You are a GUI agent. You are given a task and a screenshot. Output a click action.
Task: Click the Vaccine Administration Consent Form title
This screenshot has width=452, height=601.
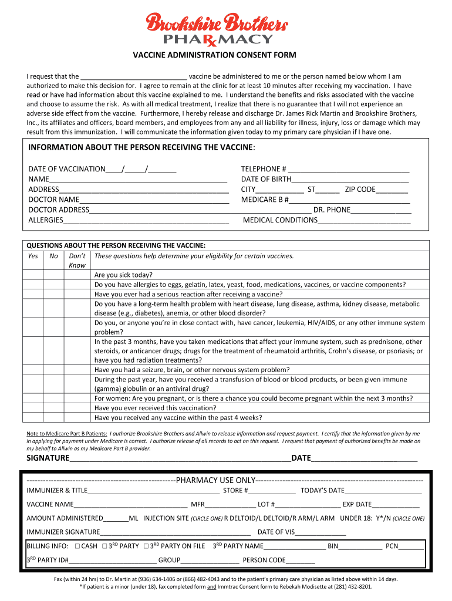coord(213,55)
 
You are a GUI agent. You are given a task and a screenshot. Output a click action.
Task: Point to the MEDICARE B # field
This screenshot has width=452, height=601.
coord(349,200)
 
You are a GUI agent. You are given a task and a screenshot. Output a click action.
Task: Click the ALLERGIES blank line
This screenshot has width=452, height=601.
coord(146,220)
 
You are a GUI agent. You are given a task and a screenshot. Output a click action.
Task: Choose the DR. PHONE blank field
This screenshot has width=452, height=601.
coord(380,210)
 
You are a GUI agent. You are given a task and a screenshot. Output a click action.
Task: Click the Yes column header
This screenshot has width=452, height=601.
coord(33,256)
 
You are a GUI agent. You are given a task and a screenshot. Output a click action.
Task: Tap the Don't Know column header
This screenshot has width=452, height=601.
coord(77,261)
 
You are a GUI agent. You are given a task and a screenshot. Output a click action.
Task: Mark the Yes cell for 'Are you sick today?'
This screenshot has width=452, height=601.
coord(33,275)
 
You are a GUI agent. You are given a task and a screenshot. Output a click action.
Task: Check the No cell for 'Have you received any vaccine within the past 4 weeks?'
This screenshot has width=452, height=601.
coord(53,418)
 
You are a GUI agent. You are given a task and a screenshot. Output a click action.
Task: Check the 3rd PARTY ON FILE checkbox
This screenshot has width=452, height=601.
coord(146,546)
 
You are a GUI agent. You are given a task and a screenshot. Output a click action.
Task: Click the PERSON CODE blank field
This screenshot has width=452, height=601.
coord(301,561)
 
